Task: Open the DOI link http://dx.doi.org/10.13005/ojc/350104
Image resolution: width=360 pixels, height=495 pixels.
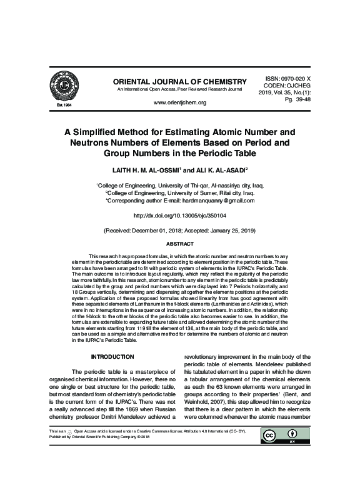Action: [179, 216]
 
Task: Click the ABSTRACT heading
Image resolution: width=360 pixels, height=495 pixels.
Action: [179, 244]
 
